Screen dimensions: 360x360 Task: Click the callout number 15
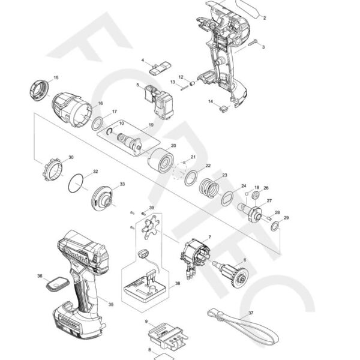(x=56, y=78)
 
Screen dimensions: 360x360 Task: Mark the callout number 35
(x=110, y=305)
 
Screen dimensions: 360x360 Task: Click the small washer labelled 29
(x=274, y=227)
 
